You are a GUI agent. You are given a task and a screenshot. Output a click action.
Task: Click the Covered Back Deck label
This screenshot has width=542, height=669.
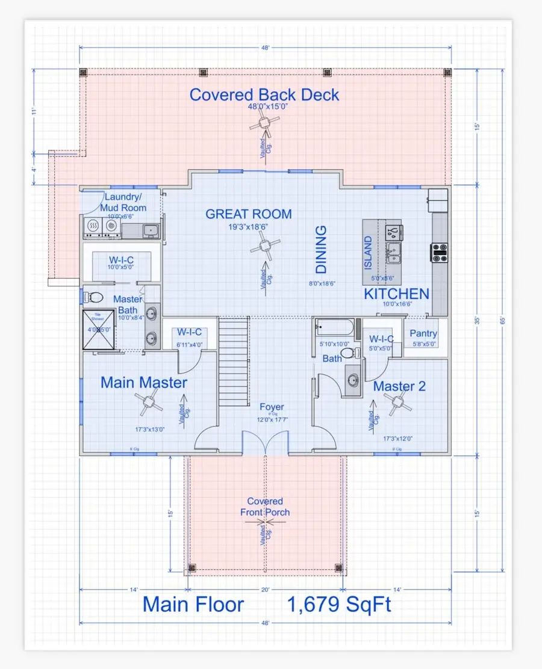point(264,95)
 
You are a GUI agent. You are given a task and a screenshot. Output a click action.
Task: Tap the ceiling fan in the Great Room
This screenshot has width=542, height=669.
point(264,247)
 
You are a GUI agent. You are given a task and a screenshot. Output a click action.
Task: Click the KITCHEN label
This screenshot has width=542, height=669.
point(396,294)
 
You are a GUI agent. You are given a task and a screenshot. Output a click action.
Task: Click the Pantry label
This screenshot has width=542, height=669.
point(423,333)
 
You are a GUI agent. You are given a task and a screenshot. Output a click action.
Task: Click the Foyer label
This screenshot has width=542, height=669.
point(271,407)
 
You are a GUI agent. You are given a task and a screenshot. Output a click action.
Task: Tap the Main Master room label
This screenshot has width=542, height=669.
point(144,383)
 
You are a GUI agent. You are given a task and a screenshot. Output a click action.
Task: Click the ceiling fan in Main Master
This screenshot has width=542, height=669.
point(147,404)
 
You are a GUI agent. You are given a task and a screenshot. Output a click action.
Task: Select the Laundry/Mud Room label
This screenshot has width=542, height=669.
point(125,202)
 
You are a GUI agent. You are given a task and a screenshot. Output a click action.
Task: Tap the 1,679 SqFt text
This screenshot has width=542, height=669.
point(339,605)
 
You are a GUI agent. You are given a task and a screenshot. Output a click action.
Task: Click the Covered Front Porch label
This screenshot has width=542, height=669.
point(265,507)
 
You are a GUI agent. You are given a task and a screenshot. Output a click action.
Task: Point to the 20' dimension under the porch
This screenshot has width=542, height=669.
point(264,590)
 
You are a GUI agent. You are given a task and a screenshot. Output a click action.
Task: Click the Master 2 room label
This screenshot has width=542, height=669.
point(399,386)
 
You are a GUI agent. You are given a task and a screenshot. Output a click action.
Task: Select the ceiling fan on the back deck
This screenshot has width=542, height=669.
point(263,124)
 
